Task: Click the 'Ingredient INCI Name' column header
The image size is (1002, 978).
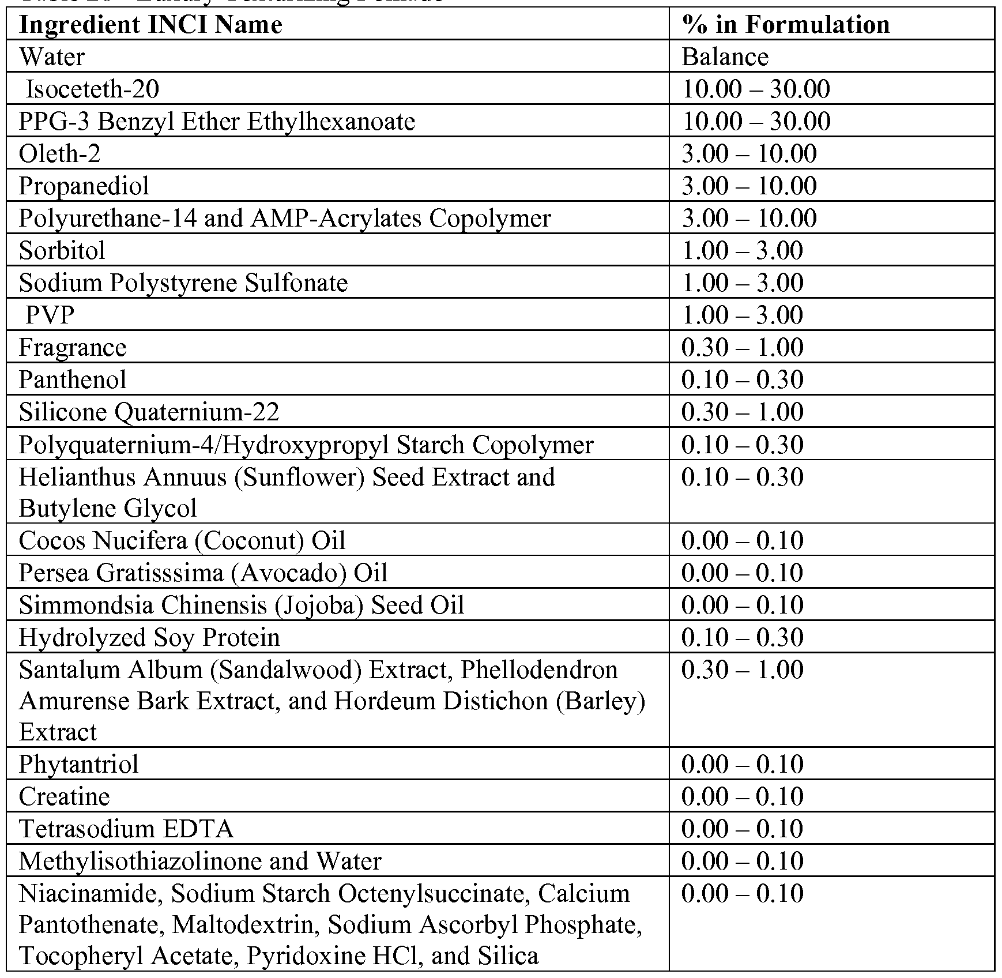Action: pos(150,25)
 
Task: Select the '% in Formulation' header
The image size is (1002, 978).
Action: pos(785,25)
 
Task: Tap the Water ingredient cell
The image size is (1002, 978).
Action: pos(52,57)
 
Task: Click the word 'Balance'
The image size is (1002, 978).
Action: pos(725,57)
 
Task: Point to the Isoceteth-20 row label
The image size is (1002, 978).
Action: pos(92,89)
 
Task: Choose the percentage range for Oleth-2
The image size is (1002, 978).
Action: pos(749,154)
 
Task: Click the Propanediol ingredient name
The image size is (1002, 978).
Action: pos(84,186)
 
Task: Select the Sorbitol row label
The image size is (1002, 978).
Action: pos(62,251)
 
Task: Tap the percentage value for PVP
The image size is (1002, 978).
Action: pos(742,315)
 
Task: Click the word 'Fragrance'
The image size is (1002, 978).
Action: pos(73,348)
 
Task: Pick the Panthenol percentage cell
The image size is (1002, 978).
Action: pos(742,380)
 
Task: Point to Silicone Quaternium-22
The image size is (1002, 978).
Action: pos(149,412)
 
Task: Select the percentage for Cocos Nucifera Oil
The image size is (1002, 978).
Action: pos(742,541)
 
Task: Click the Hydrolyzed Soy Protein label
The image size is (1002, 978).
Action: pos(149,638)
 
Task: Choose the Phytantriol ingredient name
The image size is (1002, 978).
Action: pos(78,765)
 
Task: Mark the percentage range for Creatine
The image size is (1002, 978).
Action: pos(742,797)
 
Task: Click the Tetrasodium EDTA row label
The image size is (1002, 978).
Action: pos(126,829)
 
